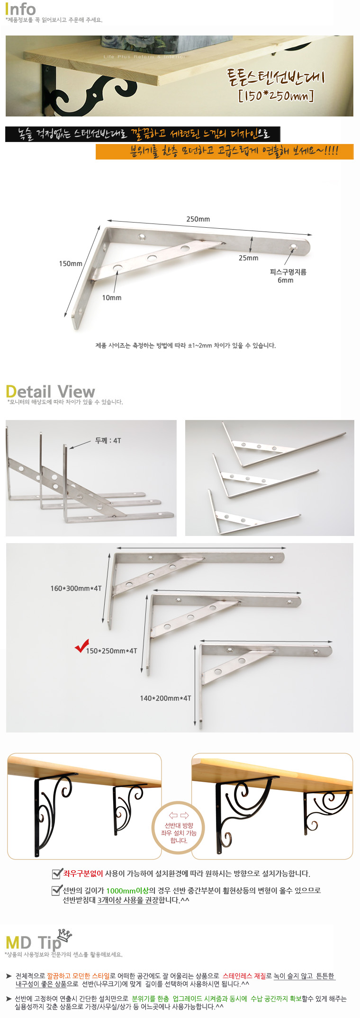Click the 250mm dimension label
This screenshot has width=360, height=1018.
(198, 219)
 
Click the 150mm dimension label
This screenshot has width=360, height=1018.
(71, 264)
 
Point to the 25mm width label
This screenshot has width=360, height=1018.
(248, 258)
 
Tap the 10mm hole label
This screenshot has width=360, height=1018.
(112, 298)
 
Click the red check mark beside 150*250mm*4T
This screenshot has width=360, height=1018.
(82, 646)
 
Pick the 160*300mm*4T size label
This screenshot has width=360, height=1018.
(76, 589)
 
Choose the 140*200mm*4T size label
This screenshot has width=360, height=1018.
(165, 698)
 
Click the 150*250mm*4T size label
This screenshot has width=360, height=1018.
(111, 651)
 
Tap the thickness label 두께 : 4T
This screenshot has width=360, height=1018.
(108, 440)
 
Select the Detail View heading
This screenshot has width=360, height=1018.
(50, 392)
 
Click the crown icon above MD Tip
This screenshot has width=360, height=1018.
(65, 935)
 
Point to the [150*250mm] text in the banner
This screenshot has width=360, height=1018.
(276, 97)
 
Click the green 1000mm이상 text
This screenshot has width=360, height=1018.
(127, 891)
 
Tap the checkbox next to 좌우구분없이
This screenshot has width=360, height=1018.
(57, 874)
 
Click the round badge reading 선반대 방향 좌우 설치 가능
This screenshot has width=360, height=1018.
(179, 833)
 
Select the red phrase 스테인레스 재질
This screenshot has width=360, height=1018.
(244, 976)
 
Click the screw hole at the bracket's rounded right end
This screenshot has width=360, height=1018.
(294, 247)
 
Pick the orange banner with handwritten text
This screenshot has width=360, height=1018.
(225, 152)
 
